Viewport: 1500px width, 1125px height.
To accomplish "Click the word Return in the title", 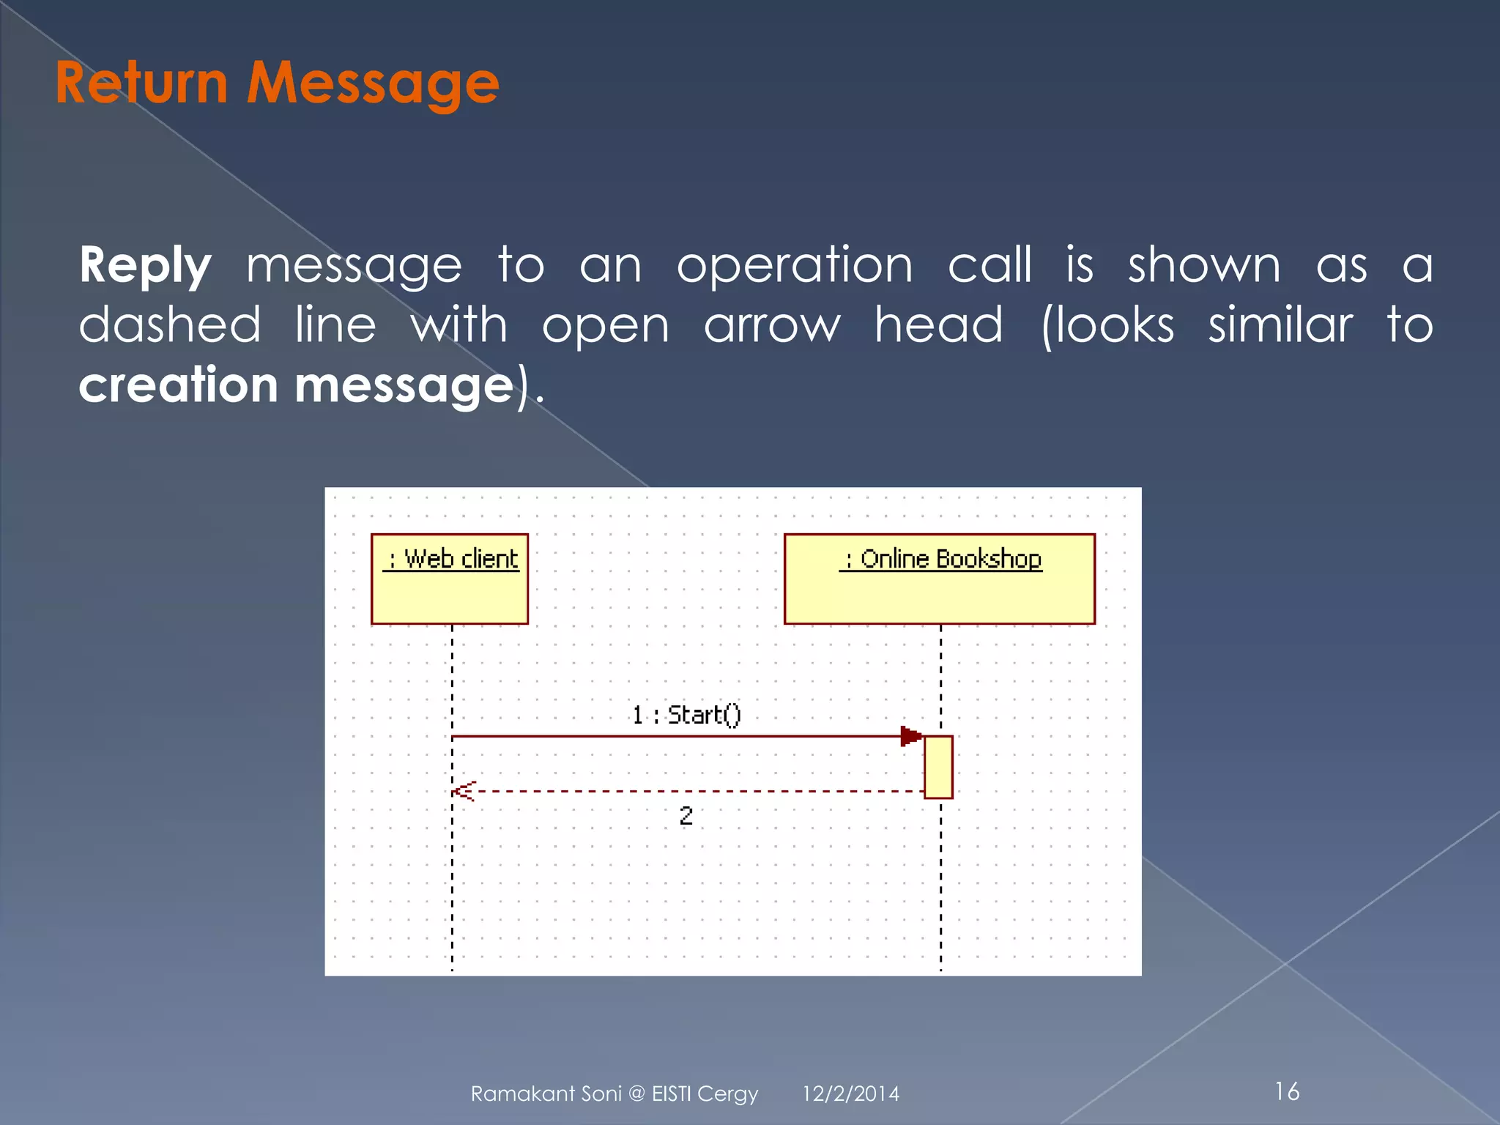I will (141, 83).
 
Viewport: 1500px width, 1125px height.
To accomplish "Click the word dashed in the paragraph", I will (169, 324).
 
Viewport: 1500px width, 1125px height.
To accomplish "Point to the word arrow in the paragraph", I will (772, 326).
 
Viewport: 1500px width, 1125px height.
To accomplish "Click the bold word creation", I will (178, 385).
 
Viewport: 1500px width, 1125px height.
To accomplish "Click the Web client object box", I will (449, 579).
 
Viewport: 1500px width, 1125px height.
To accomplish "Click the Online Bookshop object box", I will (939, 579).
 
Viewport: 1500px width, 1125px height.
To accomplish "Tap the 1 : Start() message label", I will (686, 714).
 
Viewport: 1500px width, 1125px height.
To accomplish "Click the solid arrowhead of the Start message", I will (910, 736).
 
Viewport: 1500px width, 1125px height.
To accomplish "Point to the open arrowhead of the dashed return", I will (464, 791).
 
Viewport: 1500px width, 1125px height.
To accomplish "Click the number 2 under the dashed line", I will (686, 815).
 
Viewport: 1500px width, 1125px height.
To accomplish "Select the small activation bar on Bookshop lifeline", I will (938, 767).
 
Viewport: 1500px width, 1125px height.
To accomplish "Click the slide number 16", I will (1287, 1091).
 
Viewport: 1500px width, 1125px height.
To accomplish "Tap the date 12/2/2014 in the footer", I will (850, 1094).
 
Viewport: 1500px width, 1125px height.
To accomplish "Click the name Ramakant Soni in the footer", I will (546, 1094).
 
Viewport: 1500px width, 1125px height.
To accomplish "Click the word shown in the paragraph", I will (1204, 265).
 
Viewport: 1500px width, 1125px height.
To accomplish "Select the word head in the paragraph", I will (938, 324).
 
